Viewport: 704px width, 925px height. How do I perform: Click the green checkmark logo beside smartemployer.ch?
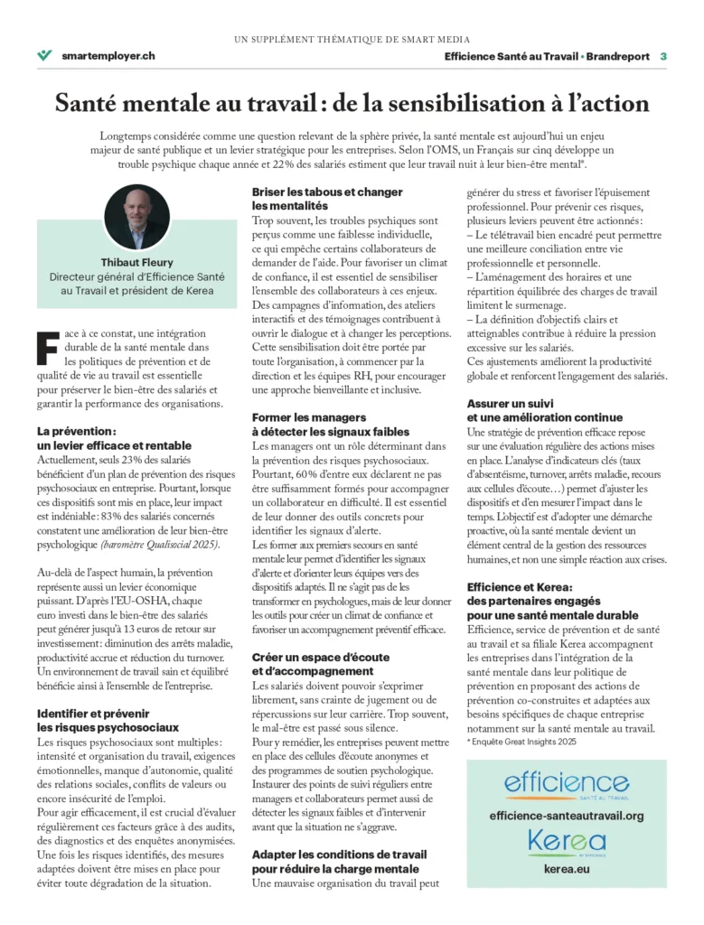(x=44, y=55)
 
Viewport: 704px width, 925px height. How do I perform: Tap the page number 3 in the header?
(x=662, y=56)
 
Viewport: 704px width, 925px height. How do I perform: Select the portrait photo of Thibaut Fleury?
(x=136, y=217)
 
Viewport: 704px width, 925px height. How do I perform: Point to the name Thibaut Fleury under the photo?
(x=136, y=261)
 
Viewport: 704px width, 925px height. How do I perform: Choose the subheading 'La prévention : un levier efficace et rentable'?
(x=114, y=438)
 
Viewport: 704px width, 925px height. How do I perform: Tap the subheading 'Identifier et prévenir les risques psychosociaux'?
(x=108, y=720)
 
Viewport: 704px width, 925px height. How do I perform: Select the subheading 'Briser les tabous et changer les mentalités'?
(x=326, y=199)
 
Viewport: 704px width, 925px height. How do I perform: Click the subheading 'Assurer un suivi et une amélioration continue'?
(x=544, y=410)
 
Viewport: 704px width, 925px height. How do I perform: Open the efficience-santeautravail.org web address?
(x=566, y=815)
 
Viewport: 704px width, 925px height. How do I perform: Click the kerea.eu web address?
(x=566, y=870)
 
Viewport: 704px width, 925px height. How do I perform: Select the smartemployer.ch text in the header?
(x=108, y=55)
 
